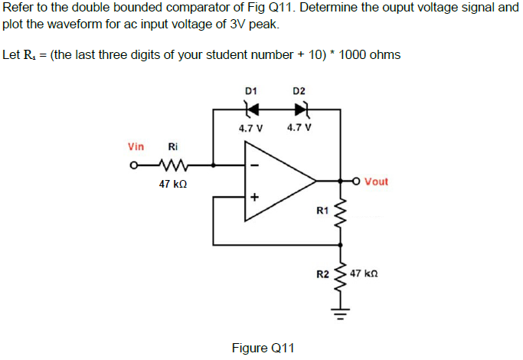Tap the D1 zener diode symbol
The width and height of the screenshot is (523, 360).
tap(250, 109)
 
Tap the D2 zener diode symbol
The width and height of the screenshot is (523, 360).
tap(299, 109)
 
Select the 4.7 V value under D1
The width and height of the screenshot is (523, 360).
tap(250, 128)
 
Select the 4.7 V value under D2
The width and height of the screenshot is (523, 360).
tap(299, 128)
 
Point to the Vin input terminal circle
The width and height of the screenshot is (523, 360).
tap(134, 164)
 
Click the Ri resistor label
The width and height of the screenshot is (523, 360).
tap(172, 146)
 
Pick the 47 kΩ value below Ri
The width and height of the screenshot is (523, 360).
tap(172, 185)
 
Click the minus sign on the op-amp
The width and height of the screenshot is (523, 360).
tap(257, 164)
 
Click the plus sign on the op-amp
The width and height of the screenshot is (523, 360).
tap(256, 198)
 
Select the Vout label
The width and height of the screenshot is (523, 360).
tap(376, 182)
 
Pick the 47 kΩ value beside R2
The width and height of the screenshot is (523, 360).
tap(365, 273)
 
